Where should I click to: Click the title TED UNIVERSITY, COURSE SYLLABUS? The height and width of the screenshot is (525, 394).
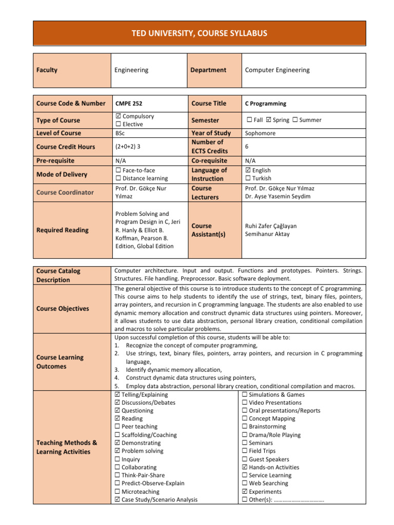pos(197,33)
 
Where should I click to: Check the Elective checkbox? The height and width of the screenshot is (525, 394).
pos(119,124)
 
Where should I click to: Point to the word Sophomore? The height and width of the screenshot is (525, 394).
pos(260,133)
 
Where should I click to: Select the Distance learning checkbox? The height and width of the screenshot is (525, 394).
pos(119,178)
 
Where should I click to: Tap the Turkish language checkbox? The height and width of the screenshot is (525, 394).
pos(248,178)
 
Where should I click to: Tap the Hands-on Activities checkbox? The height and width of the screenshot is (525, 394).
pos(245,468)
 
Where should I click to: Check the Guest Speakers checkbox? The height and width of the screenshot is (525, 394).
pos(245,459)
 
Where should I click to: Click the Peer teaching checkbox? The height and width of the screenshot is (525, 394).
pos(119,427)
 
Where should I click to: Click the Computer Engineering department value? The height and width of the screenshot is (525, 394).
pos(277,70)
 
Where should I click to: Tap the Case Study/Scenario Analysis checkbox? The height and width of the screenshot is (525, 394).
pos(119,499)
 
